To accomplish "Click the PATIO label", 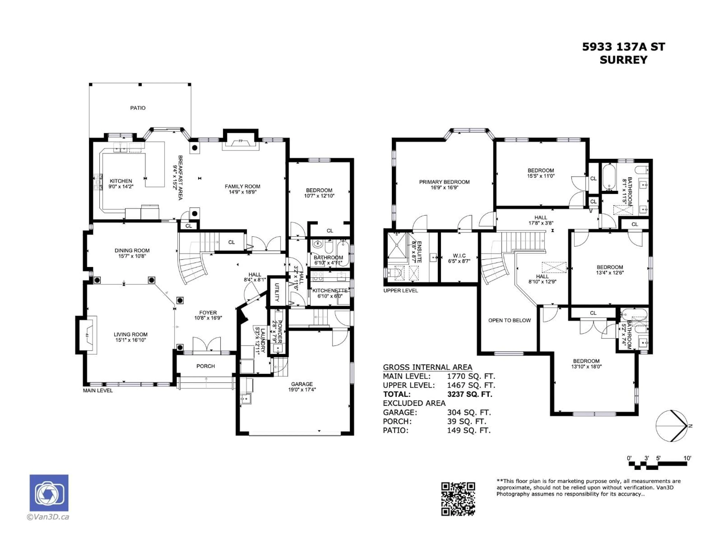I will point(138,108).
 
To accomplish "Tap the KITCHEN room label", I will point(121,181).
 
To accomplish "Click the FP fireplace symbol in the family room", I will point(240,141).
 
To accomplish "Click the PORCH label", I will point(206,366).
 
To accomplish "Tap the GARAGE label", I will point(302,384).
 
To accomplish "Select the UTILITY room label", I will point(276,292).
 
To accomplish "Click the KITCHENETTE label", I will point(330,291).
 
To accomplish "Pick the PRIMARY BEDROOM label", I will point(444,182).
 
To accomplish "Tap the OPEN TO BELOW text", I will point(510,320).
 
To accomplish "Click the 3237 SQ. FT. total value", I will point(469,394).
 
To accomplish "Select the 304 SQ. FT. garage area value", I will point(469,413).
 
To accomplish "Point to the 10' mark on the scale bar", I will point(687,458).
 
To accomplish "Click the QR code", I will point(458,499).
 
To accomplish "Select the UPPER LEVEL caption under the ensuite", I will point(400,291).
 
